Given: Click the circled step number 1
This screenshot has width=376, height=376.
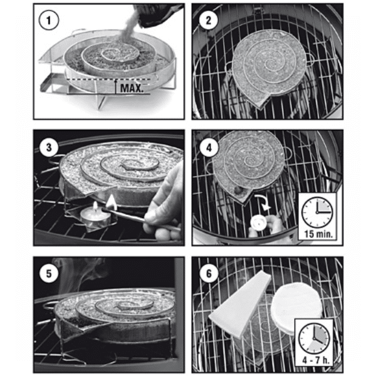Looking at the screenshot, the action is [x=48, y=20].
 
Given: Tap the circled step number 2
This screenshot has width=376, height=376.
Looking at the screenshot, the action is [x=209, y=20].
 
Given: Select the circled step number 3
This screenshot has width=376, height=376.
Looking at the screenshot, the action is [x=49, y=147].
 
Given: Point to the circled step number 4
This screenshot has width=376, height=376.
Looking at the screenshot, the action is [x=209, y=147].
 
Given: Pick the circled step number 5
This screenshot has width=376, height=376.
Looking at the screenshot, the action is [x=49, y=274].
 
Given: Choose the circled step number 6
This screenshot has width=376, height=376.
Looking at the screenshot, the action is [x=209, y=274].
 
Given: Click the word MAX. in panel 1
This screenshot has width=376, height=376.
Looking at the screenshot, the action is [x=132, y=88].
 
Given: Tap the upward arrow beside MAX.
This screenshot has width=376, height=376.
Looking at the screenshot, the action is [x=115, y=86].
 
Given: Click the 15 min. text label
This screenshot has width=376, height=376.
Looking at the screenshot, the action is [x=318, y=234].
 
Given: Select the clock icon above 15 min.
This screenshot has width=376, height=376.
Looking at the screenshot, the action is [x=317, y=212].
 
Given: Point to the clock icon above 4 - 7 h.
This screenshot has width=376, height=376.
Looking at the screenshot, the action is [x=314, y=338].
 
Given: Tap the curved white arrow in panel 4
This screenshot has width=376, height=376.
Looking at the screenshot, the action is [x=263, y=203].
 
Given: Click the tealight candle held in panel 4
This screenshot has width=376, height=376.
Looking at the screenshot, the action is [x=258, y=222].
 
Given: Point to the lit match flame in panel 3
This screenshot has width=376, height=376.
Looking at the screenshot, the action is [x=110, y=201].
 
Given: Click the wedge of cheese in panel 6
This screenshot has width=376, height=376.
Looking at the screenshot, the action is [x=240, y=305].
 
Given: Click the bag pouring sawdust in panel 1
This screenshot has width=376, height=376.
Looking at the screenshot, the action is [x=159, y=14].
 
